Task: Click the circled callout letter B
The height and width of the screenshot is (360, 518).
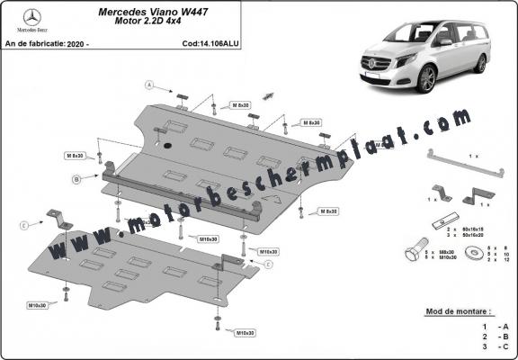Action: [77, 180]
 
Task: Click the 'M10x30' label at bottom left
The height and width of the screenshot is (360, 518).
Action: [62, 306]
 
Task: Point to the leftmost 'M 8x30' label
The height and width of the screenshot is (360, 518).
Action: [74, 156]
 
